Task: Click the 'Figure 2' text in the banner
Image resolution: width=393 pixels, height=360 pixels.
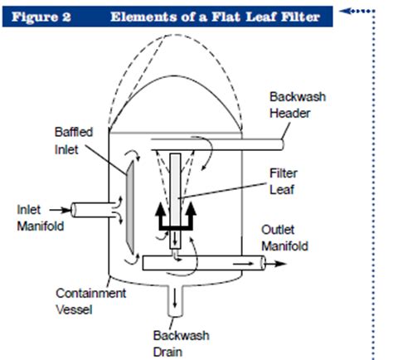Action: tap(41, 17)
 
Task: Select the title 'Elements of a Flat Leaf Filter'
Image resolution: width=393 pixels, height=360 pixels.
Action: tap(215, 17)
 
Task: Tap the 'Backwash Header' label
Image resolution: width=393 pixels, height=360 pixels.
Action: tap(298, 105)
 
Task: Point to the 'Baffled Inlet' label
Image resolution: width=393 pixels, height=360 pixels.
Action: tap(74, 141)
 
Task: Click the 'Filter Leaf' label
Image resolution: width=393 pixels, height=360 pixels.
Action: tap(284, 182)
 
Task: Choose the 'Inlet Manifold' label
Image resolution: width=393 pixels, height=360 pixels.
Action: tap(41, 218)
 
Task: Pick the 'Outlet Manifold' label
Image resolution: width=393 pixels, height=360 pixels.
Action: tap(284, 238)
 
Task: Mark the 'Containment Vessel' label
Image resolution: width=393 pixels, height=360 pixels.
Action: tap(91, 301)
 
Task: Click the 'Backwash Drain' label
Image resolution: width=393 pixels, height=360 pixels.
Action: tap(181, 343)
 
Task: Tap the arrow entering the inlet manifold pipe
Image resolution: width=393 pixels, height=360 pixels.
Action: tap(61, 210)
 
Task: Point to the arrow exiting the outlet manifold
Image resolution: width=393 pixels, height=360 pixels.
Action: tap(275, 264)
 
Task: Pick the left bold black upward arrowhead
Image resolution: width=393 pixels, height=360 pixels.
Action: tap(161, 209)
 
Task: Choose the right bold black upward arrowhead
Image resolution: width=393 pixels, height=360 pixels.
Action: tap(191, 209)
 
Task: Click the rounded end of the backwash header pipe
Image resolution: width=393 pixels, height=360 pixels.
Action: tap(282, 144)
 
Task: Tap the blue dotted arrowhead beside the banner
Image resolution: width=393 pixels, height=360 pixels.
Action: tap(344, 11)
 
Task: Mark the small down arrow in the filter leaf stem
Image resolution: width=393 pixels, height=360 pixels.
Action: tap(175, 240)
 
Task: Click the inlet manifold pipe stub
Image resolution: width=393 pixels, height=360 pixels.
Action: tap(94, 210)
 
